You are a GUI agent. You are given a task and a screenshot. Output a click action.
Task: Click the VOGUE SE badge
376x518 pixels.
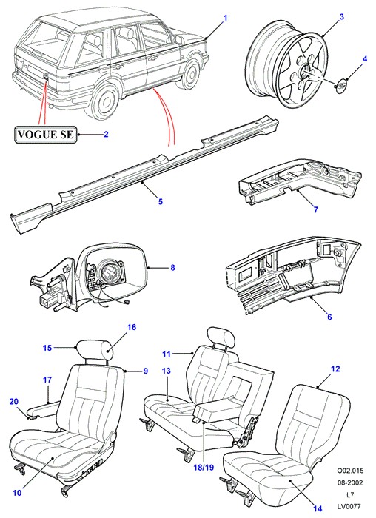click(x=45, y=135)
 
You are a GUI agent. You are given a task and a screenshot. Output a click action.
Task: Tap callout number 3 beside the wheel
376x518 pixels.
click(x=342, y=16)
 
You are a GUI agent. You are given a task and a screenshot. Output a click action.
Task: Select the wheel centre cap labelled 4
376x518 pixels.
click(x=340, y=84)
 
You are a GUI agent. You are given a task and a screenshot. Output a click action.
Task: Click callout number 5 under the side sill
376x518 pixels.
click(x=161, y=201)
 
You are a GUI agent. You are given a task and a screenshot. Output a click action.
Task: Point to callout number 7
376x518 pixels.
click(x=315, y=209)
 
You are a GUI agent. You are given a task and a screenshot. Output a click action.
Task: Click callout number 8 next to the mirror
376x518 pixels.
click(x=172, y=268)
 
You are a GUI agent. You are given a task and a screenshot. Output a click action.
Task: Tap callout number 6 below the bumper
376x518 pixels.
click(x=329, y=317)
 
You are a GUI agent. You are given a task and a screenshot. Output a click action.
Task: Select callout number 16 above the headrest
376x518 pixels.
click(x=132, y=327)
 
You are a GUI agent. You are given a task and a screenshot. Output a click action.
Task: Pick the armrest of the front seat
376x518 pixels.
click(x=43, y=409)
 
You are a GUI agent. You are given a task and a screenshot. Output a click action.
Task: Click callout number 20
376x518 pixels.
click(x=13, y=401)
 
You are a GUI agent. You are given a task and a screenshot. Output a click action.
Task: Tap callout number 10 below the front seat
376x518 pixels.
click(x=17, y=493)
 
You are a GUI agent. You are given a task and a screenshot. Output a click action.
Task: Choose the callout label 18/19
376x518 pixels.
click(x=204, y=468)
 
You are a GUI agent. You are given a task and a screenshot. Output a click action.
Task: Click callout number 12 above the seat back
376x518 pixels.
click(x=335, y=369)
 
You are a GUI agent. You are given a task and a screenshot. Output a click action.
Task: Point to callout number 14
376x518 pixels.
click(x=318, y=508)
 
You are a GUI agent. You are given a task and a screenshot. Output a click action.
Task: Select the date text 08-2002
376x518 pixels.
click(x=350, y=483)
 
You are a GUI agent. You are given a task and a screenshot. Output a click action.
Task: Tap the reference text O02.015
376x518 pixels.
click(x=350, y=471)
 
